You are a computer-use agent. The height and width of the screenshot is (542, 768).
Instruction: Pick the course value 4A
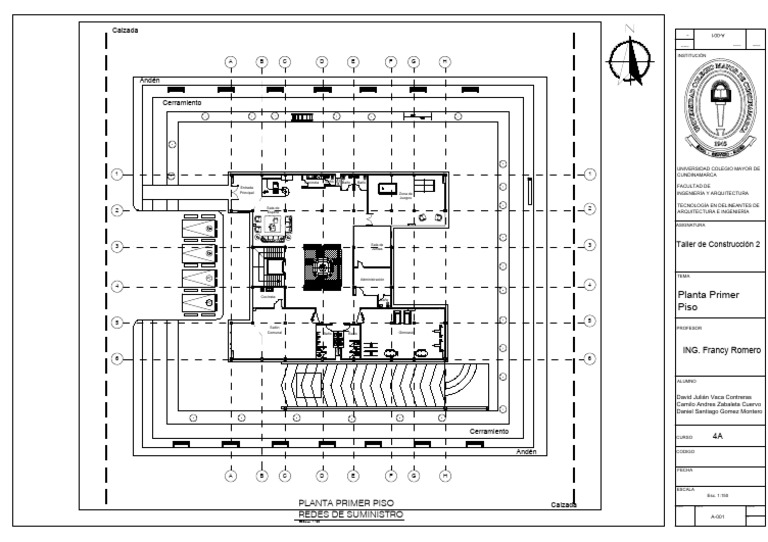[718, 437]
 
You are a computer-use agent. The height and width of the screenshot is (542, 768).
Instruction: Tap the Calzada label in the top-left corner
[125, 30]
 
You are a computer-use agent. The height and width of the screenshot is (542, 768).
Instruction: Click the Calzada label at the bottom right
[551, 504]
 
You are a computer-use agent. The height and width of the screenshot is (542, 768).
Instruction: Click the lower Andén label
[526, 452]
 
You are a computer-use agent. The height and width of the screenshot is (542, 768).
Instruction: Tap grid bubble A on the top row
[231, 61]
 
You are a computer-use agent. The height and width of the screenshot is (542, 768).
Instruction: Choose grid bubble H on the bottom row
[443, 475]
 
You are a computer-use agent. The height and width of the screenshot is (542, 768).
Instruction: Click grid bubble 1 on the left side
[117, 174]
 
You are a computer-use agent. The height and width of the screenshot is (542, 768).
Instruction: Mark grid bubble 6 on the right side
[589, 358]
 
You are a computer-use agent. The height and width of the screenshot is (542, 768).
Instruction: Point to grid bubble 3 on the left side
[117, 245]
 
